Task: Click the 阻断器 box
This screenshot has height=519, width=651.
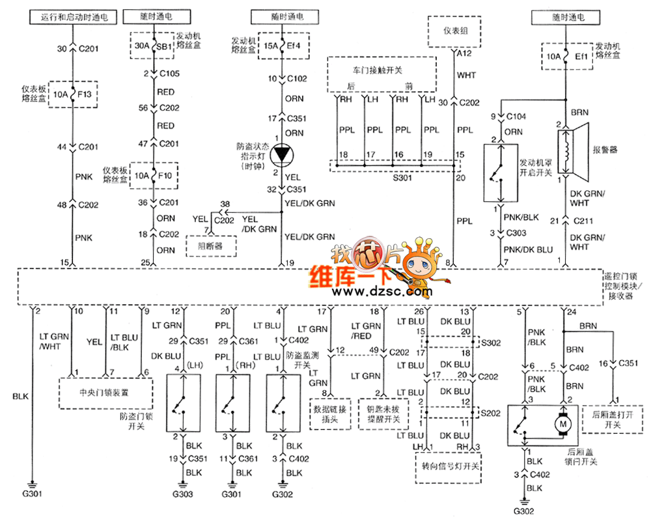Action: click(210, 247)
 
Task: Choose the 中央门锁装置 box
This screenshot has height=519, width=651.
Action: click(105, 393)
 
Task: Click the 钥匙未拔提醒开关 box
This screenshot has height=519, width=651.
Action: click(384, 414)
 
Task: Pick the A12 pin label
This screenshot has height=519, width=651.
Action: click(463, 55)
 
